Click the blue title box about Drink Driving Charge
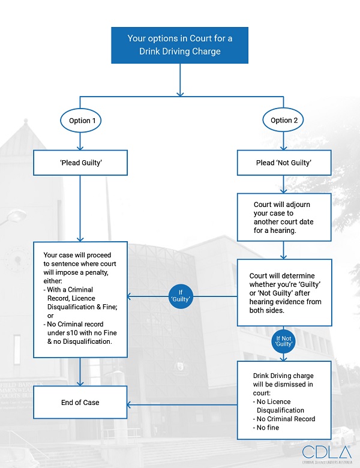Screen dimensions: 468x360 coord(179,45)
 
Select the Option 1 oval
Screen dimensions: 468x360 coord(82,121)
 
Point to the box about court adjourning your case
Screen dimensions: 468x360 coord(284,217)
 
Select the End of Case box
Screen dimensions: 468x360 coord(80,402)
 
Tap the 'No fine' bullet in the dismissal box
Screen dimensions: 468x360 coord(268,428)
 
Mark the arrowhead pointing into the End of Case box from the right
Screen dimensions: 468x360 coord(131,404)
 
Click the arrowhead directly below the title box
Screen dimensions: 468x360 coord(179,93)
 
